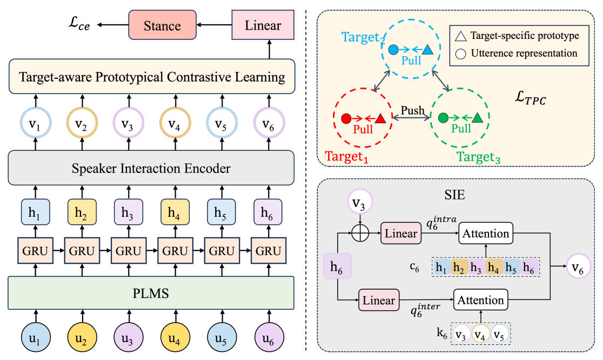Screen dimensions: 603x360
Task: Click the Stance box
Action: tap(162, 25)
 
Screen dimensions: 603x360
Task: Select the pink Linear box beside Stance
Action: tap(263, 25)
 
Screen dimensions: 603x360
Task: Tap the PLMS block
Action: tap(151, 293)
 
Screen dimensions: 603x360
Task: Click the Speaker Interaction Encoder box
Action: tap(151, 168)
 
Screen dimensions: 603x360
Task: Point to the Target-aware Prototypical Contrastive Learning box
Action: tap(152, 77)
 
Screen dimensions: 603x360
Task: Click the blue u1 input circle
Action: tap(35, 337)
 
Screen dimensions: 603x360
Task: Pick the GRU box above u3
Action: tap(129, 251)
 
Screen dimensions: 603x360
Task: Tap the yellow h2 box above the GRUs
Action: tap(82, 211)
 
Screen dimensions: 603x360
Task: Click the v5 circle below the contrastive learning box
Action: tap(222, 123)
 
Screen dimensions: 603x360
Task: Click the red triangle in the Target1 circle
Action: tap(380, 118)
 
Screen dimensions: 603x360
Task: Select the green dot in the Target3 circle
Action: tap(443, 118)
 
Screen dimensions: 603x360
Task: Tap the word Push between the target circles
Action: tap(412, 110)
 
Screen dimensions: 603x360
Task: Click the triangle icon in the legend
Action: tap(461, 37)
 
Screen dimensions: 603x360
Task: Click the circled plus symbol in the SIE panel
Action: tap(360, 233)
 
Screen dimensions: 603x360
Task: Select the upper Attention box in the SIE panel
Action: tap(486, 233)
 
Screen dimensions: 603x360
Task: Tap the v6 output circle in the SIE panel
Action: tap(578, 266)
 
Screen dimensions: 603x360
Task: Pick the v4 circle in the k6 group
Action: tap(480, 334)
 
